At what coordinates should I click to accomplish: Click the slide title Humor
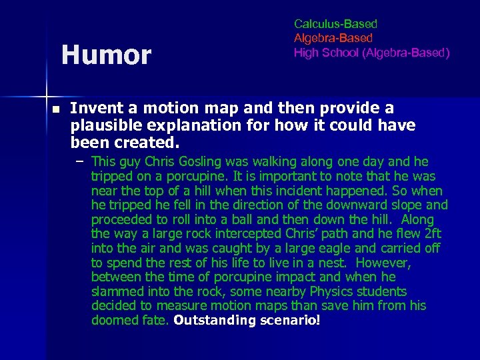tap(106, 55)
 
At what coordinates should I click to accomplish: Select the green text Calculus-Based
tap(335, 24)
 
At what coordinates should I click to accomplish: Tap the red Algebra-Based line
tap(333, 38)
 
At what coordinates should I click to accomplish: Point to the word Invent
tap(93, 108)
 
